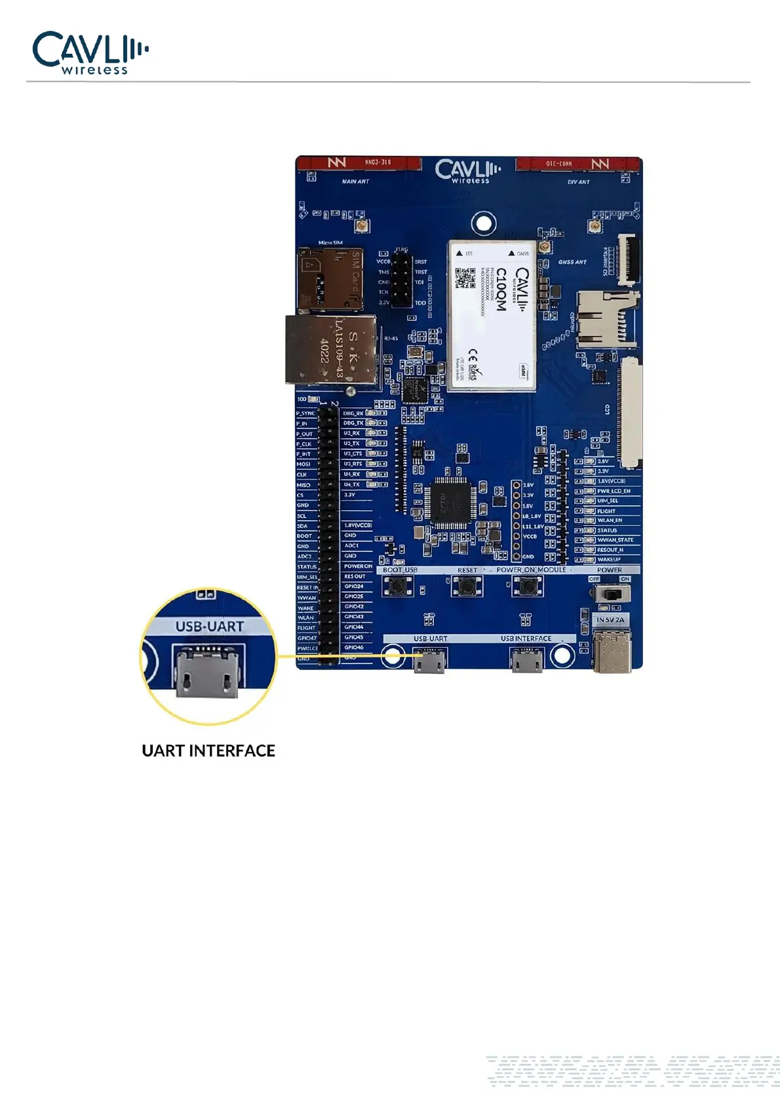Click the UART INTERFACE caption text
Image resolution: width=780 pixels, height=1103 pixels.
tap(208, 751)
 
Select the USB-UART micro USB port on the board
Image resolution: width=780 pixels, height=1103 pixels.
tap(429, 661)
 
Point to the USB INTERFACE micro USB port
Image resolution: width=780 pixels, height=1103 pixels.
tap(526, 661)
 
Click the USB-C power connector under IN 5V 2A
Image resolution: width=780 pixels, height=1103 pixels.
tap(612, 651)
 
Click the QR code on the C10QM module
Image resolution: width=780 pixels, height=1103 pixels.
tap(465, 278)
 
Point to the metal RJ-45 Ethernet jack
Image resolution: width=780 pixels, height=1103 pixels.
tap(332, 350)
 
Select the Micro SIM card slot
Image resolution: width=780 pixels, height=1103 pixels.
tap(330, 279)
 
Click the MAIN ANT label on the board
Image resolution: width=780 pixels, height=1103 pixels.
tap(355, 181)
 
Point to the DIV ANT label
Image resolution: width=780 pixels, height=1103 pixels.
tap(578, 182)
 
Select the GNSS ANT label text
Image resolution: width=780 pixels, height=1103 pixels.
tap(572, 262)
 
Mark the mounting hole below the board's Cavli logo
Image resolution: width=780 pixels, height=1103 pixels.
tap(483, 223)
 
